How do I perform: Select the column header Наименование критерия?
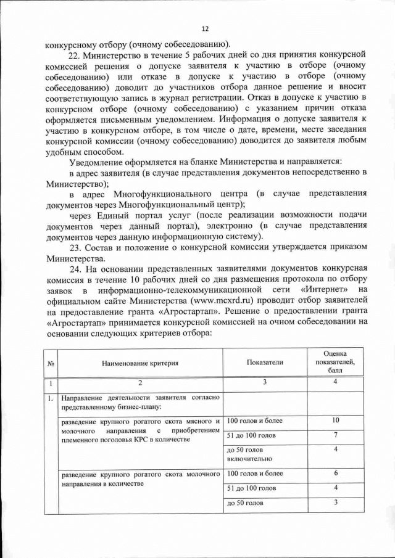click(140, 363)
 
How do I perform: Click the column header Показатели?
click(265, 363)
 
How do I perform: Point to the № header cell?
click(49, 363)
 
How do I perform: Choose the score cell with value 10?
click(335, 421)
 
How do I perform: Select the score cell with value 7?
click(335, 435)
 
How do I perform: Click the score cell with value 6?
click(335, 473)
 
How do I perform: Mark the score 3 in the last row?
click(335, 503)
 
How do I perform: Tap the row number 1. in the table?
click(49, 398)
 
